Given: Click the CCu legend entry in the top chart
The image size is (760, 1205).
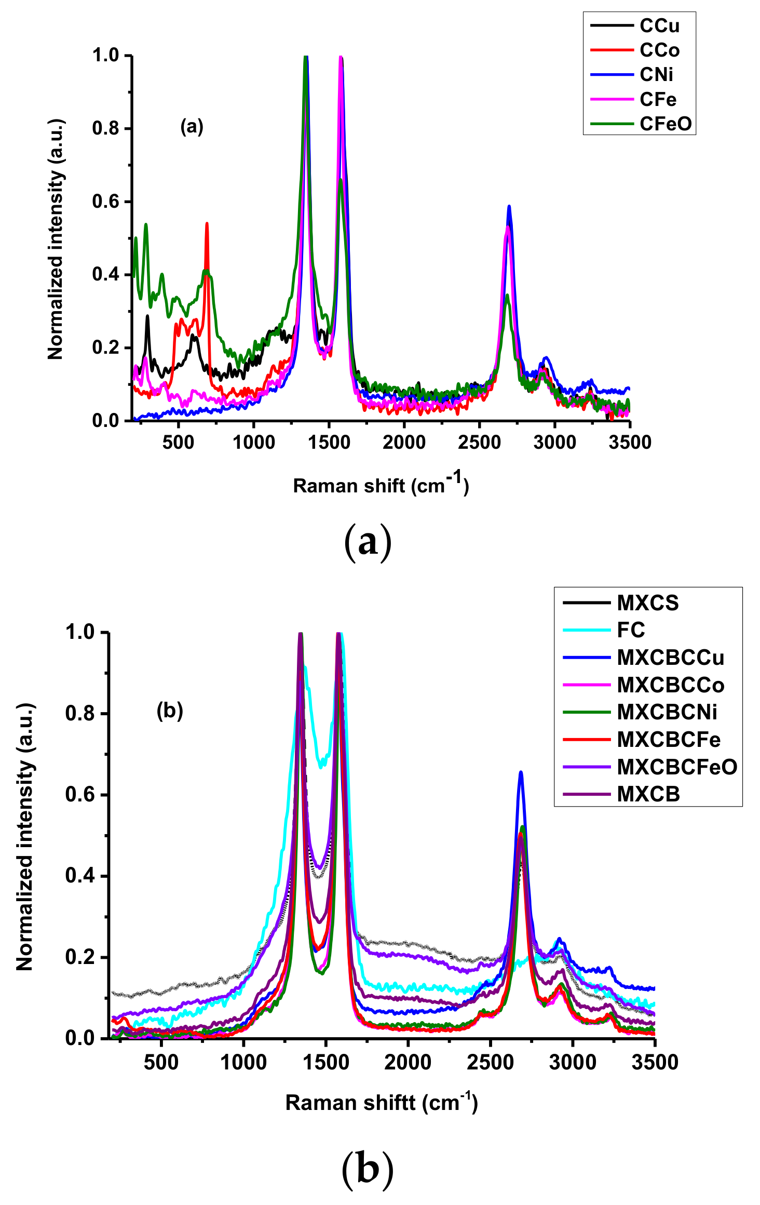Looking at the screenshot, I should click(x=659, y=25).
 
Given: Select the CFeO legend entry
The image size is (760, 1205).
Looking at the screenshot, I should click(x=666, y=124).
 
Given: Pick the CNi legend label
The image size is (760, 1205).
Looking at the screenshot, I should click(x=656, y=75).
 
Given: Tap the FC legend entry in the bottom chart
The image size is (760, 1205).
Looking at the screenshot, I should click(x=631, y=630).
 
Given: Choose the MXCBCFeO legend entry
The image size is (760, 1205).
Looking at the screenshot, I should click(x=677, y=767).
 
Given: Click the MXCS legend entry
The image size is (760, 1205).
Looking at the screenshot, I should click(x=648, y=603).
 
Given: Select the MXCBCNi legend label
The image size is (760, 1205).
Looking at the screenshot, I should click(x=667, y=712).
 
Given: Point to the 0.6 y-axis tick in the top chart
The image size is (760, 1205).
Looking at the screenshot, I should click(x=105, y=202).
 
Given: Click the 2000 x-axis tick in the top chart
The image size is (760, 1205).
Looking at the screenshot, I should click(x=404, y=443).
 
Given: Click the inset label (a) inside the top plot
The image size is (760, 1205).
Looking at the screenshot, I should click(x=192, y=126).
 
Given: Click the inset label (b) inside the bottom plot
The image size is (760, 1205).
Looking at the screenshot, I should click(x=170, y=711).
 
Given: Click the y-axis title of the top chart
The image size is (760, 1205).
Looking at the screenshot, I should click(x=56, y=239).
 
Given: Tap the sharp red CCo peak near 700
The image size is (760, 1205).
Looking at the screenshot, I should click(x=207, y=224).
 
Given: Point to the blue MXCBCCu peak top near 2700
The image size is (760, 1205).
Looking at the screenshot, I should click(x=521, y=773).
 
